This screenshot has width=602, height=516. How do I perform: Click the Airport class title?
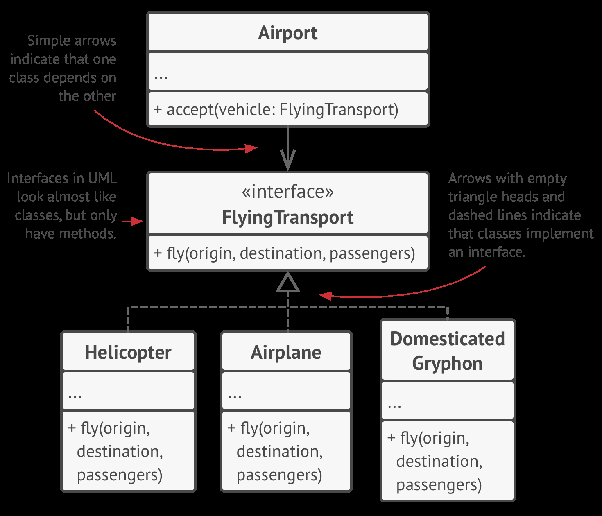[287, 33]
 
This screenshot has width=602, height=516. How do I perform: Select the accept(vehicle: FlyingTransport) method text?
[276, 110]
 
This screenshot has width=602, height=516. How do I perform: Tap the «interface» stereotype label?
[287, 192]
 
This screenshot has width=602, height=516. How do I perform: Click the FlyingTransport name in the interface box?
[287, 217]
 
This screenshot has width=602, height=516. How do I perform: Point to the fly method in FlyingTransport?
[285, 253]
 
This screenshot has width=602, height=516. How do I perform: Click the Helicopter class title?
[128, 352]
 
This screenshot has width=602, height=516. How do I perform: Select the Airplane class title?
[286, 352]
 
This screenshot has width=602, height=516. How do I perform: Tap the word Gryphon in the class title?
[447, 363]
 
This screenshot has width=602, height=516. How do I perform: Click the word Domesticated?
[447, 339]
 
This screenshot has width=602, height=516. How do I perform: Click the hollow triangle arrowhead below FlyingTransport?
[288, 283]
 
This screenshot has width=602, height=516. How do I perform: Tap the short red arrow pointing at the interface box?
[133, 222]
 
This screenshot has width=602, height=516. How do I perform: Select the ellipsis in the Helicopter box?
[75, 396]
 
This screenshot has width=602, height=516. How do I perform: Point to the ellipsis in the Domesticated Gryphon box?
[394, 405]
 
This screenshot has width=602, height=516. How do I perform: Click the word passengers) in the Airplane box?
[279, 475]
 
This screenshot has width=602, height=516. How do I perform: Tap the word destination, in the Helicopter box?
[120, 452]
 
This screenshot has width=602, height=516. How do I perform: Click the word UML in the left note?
[102, 178]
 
